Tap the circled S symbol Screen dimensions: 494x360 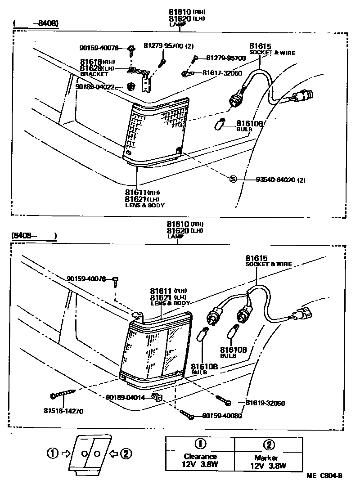[233, 179]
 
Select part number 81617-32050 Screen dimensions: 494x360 [222, 73]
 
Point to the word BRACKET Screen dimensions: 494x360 [94, 74]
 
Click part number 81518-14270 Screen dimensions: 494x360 [63, 411]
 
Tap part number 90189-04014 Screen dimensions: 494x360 [126, 397]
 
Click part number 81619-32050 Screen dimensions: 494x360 [265, 403]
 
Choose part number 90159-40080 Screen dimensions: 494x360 [222, 415]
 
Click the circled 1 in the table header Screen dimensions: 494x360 [200, 444]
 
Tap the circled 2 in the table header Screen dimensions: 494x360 [268, 445]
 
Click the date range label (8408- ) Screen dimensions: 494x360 [34, 235]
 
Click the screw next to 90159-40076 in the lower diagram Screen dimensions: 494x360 [115, 280]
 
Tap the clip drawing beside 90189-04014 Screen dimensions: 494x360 [157, 397]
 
